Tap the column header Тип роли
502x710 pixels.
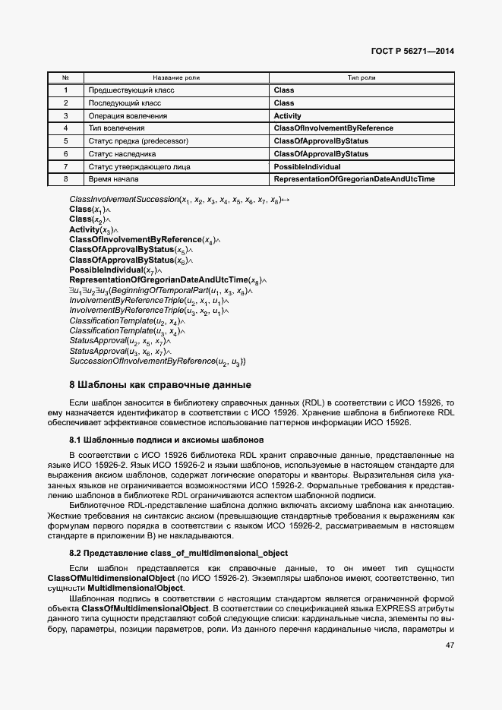[x=362, y=77]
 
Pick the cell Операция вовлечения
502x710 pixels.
[x=127, y=116]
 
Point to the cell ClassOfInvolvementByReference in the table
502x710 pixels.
[x=333, y=128]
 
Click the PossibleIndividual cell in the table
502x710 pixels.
[x=307, y=166]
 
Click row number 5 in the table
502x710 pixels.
[x=66, y=141]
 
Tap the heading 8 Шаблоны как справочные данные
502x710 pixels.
[x=160, y=385]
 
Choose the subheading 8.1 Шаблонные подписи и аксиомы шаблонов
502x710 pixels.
[x=166, y=440]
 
